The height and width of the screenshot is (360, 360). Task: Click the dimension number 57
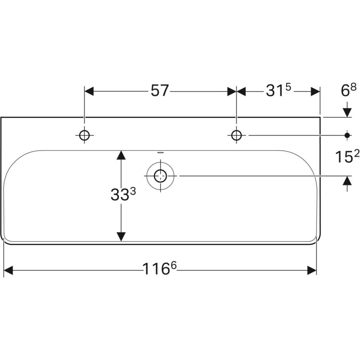[x=159, y=91]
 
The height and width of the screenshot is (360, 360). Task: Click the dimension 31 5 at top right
[x=279, y=91]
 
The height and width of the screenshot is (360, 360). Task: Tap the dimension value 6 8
[x=348, y=90]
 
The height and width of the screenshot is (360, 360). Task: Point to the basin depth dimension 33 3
[x=122, y=195]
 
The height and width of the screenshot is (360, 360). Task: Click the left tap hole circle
[x=84, y=135]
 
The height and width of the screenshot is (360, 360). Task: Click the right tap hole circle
[x=237, y=135]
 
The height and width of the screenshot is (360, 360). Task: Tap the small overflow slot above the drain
[x=160, y=153]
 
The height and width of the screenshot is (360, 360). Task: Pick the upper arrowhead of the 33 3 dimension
[x=121, y=155]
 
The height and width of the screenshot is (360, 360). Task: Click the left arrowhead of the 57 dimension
[x=89, y=91]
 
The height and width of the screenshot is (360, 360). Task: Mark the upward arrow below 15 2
[x=347, y=181]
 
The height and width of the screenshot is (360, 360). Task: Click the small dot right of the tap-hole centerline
[x=347, y=135]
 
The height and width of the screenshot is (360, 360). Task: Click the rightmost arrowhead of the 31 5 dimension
[x=315, y=91]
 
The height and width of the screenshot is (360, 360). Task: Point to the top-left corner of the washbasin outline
[x=1, y=117]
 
